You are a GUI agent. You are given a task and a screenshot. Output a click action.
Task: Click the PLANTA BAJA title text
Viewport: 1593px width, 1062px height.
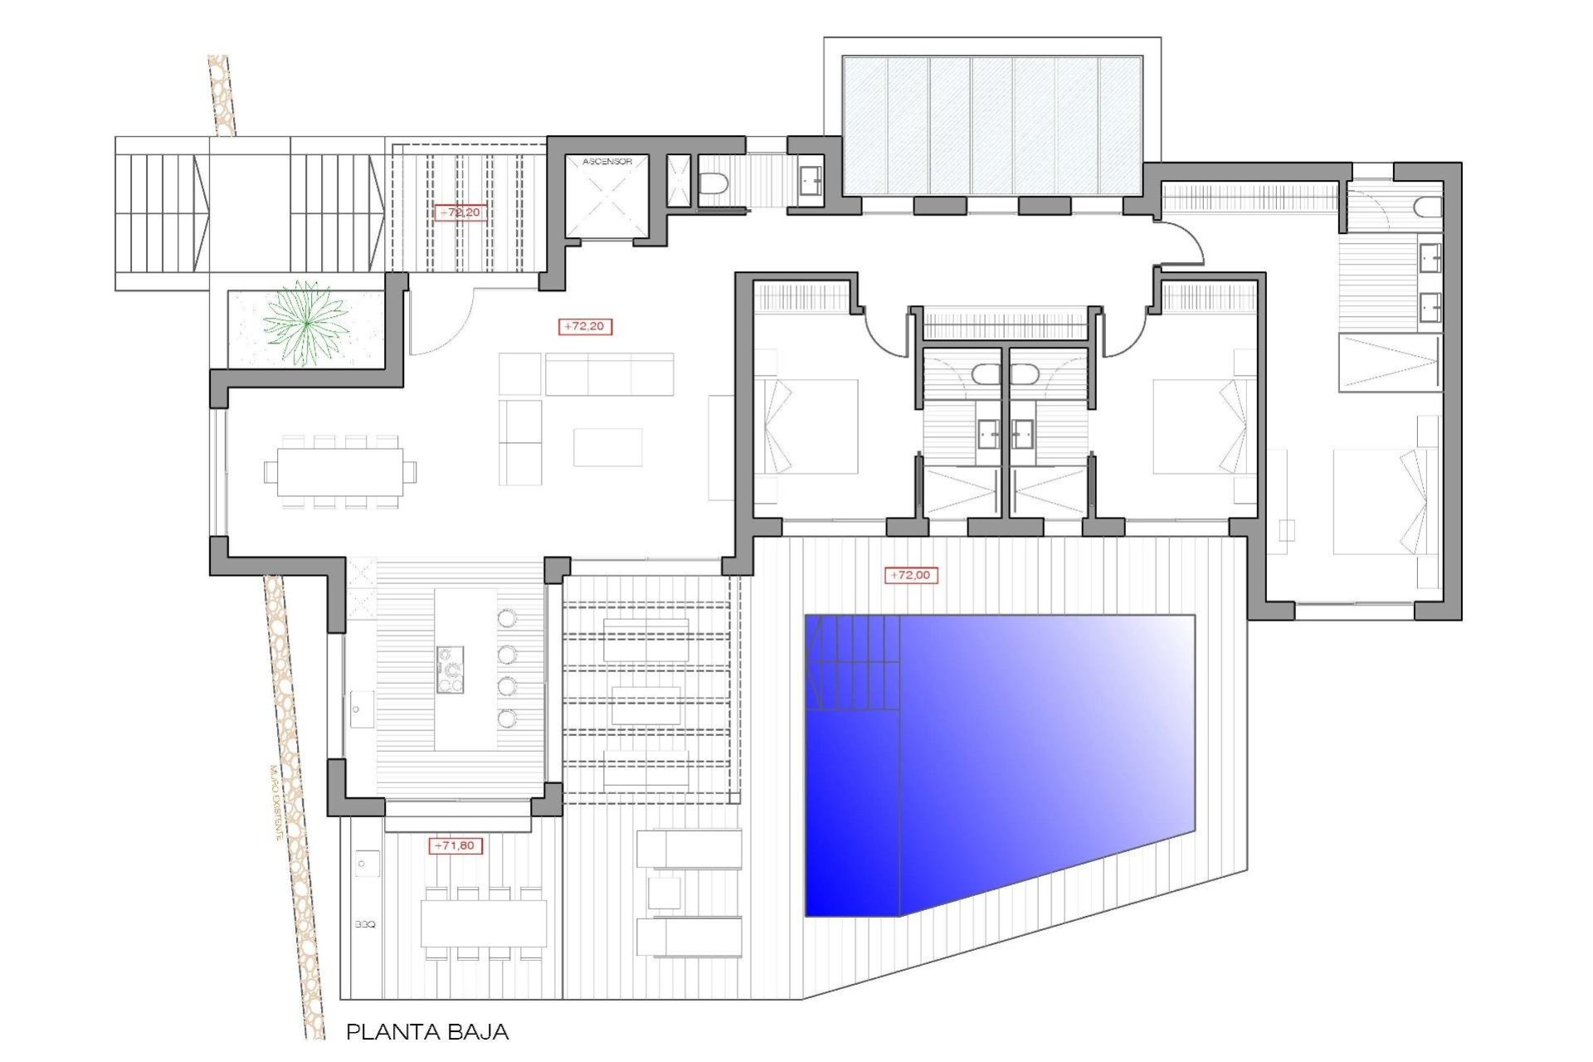(426, 1032)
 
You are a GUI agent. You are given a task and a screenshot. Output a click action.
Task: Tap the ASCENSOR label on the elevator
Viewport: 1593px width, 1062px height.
(607, 161)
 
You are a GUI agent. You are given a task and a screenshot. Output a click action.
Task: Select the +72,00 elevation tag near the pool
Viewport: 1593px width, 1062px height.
(910, 575)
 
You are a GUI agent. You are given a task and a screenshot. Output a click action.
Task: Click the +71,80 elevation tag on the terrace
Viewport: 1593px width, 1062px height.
(455, 845)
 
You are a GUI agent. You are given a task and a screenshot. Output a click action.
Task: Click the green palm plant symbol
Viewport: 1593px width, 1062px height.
(306, 324)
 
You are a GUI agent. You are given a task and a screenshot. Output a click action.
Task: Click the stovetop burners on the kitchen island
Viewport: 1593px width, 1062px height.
(451, 669)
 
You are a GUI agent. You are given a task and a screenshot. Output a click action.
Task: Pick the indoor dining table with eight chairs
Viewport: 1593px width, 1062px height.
(339, 472)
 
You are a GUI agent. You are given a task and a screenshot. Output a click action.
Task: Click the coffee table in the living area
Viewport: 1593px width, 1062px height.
(607, 446)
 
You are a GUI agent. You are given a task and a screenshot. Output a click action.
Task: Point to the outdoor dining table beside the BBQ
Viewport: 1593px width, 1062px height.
(483, 923)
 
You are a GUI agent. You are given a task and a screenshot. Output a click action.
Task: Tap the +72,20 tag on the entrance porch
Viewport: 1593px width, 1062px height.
(460, 213)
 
